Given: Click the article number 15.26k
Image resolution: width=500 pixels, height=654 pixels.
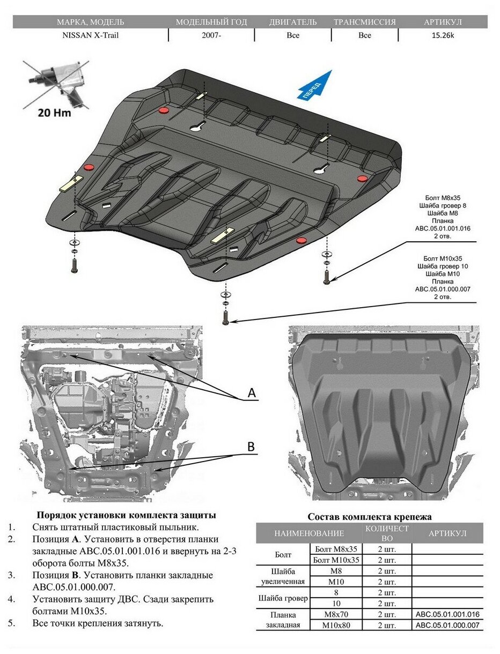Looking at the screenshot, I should click(x=443, y=35).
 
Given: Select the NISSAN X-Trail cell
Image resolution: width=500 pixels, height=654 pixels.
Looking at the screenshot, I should click(x=90, y=35).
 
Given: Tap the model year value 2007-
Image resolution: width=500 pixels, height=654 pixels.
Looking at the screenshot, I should click(x=211, y=35).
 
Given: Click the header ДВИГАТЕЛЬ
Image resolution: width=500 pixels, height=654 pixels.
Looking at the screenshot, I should click(x=292, y=22).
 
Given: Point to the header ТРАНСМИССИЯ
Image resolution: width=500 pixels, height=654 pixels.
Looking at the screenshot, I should click(x=364, y=22).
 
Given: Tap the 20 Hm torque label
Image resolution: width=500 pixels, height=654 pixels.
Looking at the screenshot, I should click(x=54, y=113).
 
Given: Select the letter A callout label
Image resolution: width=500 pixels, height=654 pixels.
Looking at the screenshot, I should click(x=252, y=393).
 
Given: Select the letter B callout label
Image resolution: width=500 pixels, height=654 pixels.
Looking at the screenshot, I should click(x=251, y=446).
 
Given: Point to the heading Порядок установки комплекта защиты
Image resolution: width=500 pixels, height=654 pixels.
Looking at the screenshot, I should click(x=126, y=515).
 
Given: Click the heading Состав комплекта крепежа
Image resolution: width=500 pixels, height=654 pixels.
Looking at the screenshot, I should click(x=369, y=517).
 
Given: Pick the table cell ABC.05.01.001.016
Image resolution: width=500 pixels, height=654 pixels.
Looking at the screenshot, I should click(x=447, y=615).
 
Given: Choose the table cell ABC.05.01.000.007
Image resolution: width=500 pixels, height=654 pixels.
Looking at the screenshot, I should click(x=447, y=625).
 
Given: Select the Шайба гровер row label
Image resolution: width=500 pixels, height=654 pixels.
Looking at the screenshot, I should click(x=283, y=598).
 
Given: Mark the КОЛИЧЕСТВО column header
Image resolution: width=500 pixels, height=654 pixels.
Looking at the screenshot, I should click(x=387, y=533).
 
